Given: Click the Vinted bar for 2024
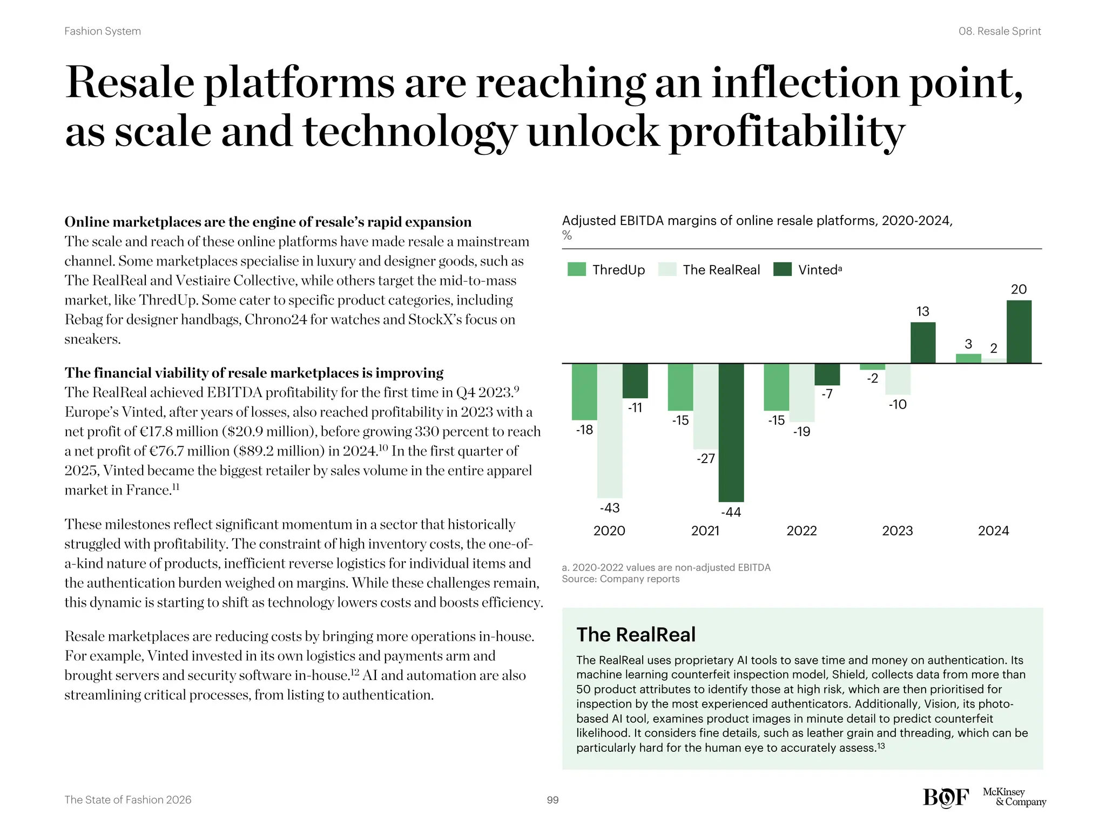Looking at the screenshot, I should [1019, 331].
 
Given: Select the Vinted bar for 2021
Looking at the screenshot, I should [731, 432].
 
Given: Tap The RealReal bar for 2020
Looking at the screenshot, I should [610, 430].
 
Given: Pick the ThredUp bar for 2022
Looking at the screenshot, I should [776, 387].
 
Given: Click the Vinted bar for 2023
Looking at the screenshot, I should [923, 343].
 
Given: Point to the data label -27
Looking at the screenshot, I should [705, 459].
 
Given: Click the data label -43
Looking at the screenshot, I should [610, 508].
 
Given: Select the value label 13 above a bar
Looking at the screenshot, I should [923, 311].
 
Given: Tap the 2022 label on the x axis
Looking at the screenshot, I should [801, 531].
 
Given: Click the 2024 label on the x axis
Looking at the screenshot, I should [993, 531].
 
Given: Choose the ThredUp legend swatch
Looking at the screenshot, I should [577, 269].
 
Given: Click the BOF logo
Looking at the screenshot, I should [946, 797].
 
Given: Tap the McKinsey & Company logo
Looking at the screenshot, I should [1014, 797].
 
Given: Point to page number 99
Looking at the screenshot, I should [552, 800].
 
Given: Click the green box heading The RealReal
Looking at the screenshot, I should [636, 635].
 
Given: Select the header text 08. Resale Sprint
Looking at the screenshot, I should [999, 31].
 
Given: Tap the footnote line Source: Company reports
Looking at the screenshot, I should [621, 579].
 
